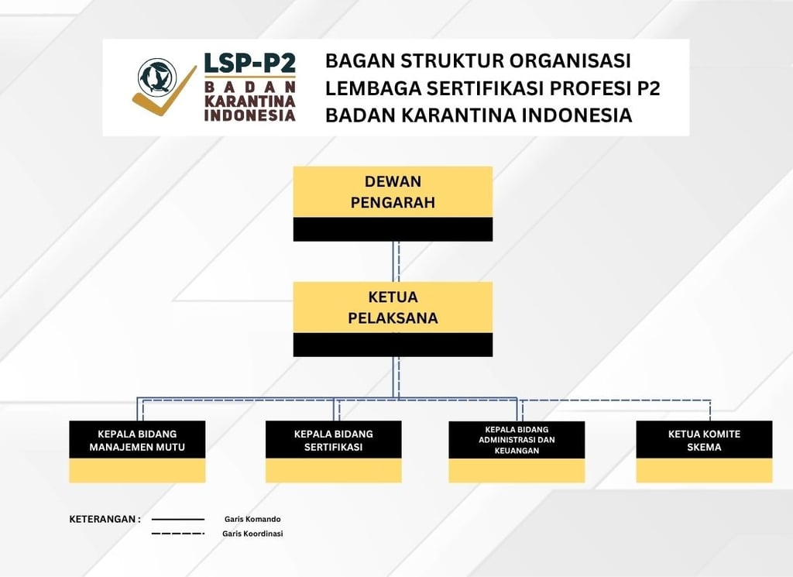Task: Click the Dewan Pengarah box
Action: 393,192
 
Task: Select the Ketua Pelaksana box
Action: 393,307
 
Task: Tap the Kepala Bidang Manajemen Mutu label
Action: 137,440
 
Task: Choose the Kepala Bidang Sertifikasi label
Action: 333,440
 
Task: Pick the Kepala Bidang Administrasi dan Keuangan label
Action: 517,440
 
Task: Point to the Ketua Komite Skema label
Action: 704,440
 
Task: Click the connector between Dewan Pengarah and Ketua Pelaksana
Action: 396,261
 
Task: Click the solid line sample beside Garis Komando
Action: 178,519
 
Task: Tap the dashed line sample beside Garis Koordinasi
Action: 178,534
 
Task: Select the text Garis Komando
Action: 252,519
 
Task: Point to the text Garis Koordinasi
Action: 252,534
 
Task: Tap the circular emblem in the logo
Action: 156,77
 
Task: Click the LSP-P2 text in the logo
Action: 249,64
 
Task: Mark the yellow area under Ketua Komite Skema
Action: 704,470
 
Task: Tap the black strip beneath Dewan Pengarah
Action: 393,229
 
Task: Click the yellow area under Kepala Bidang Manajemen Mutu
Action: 137,470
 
